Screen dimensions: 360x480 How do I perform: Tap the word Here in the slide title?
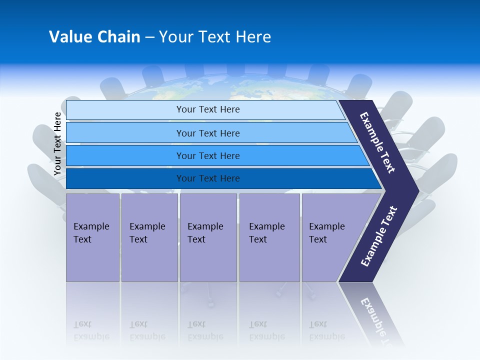(x=253, y=37)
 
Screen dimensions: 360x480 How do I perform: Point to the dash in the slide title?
(x=149, y=37)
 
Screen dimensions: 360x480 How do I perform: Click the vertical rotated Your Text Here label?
(x=57, y=143)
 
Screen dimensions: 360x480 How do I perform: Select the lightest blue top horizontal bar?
(x=125, y=109)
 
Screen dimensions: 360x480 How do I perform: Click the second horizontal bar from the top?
(x=125, y=133)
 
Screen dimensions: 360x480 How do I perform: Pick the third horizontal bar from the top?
(x=125, y=155)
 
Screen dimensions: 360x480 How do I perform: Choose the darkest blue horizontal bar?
(x=125, y=178)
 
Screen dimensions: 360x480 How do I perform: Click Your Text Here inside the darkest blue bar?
(x=208, y=178)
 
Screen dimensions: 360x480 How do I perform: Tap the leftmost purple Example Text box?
(x=92, y=237)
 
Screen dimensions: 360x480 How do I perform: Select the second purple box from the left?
(x=149, y=237)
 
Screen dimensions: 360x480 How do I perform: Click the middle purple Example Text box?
(x=208, y=237)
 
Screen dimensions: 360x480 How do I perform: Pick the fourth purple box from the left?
(x=269, y=237)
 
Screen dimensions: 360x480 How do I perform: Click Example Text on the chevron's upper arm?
(x=377, y=142)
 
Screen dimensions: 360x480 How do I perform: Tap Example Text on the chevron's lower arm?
(x=378, y=236)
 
